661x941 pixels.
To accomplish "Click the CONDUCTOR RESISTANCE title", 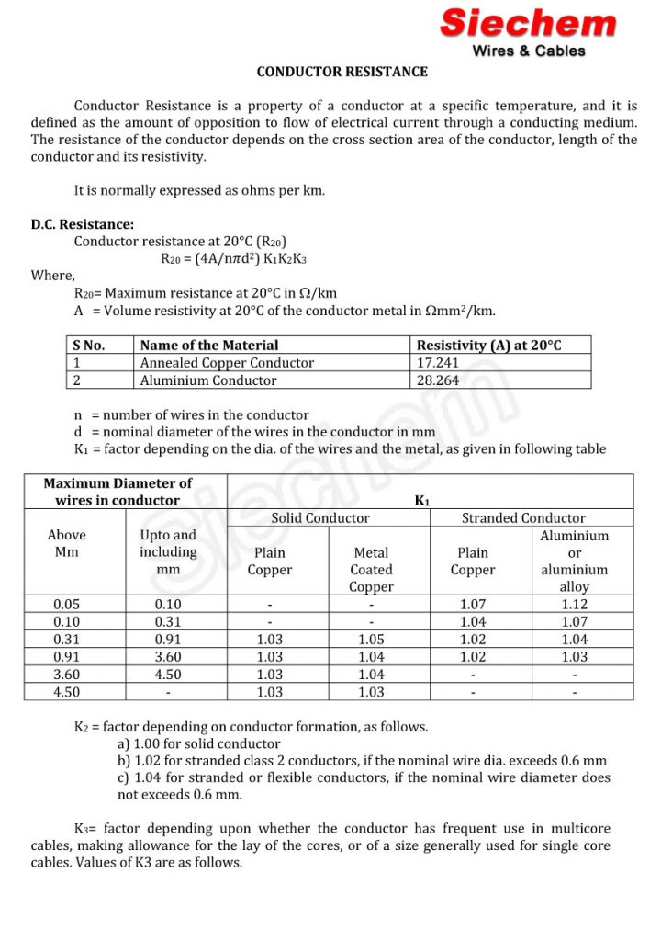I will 342,71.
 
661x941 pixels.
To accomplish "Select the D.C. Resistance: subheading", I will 82,223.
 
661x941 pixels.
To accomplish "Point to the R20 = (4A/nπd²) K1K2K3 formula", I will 233,258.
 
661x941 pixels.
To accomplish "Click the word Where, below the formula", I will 53,276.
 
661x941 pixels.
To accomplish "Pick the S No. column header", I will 88,346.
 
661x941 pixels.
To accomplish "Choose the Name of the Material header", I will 209,346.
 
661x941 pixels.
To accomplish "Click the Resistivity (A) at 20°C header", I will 488,346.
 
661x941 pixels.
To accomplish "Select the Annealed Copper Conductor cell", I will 227,363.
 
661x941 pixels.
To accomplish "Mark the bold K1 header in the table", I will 422,500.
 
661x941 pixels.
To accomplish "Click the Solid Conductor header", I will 320,518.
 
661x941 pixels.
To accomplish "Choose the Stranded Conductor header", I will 523,518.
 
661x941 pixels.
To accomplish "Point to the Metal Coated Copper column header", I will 372,570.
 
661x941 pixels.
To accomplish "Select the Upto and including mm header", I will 168,552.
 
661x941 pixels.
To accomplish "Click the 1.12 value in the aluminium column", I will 575,605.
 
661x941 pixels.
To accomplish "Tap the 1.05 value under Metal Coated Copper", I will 372,640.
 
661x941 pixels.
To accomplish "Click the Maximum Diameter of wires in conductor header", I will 118,492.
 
